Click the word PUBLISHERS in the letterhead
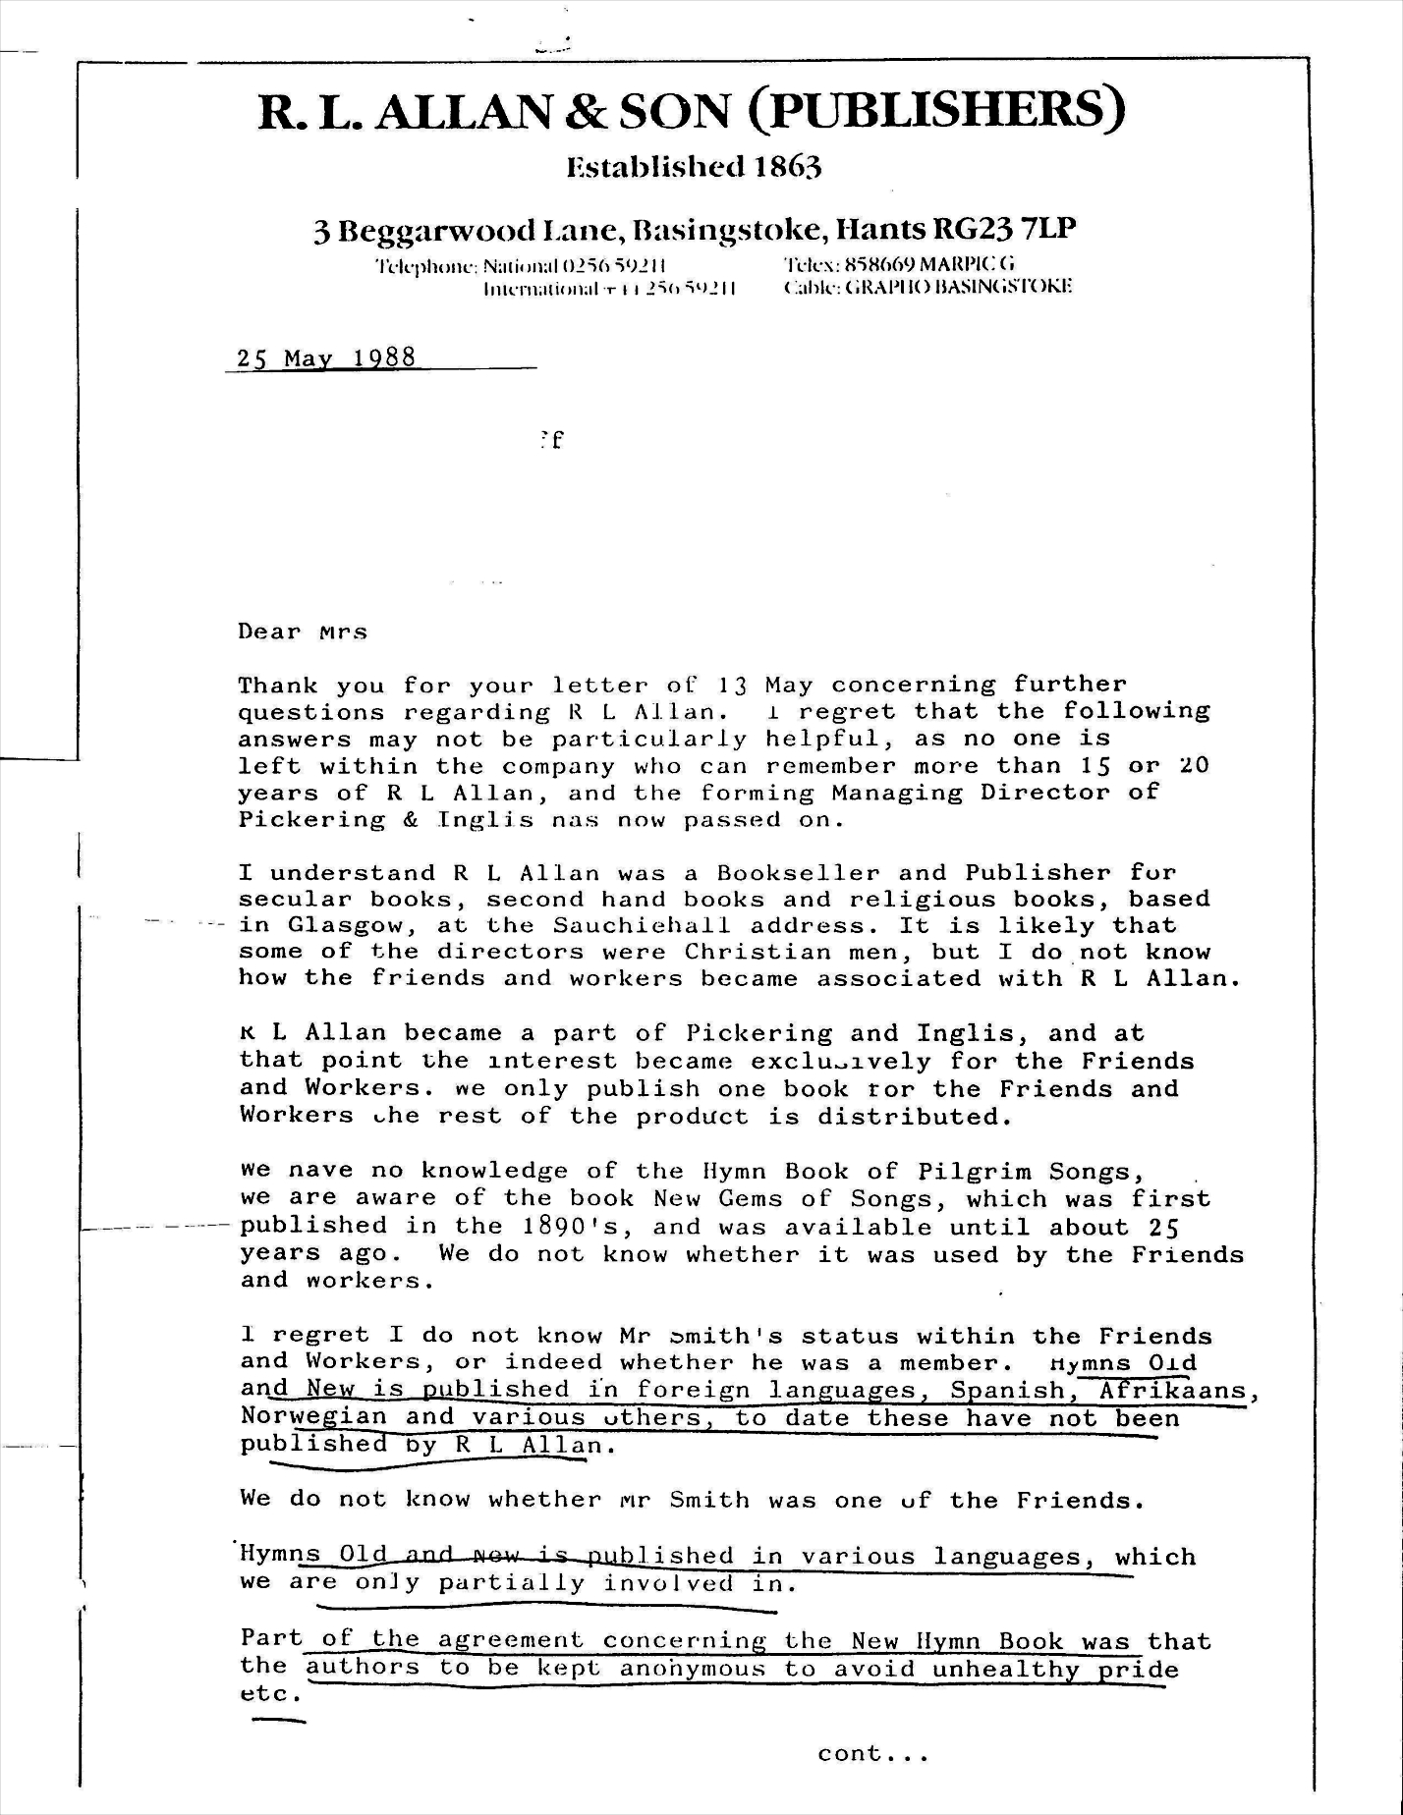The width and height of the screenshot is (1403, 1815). [x=938, y=112]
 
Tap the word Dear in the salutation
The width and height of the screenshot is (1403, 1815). [x=269, y=632]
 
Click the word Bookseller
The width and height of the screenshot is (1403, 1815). [x=798, y=873]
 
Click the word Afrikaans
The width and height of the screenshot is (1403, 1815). [x=1172, y=1391]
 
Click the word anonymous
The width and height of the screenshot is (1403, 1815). [x=693, y=1668]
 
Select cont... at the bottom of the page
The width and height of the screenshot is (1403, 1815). [x=872, y=1754]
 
